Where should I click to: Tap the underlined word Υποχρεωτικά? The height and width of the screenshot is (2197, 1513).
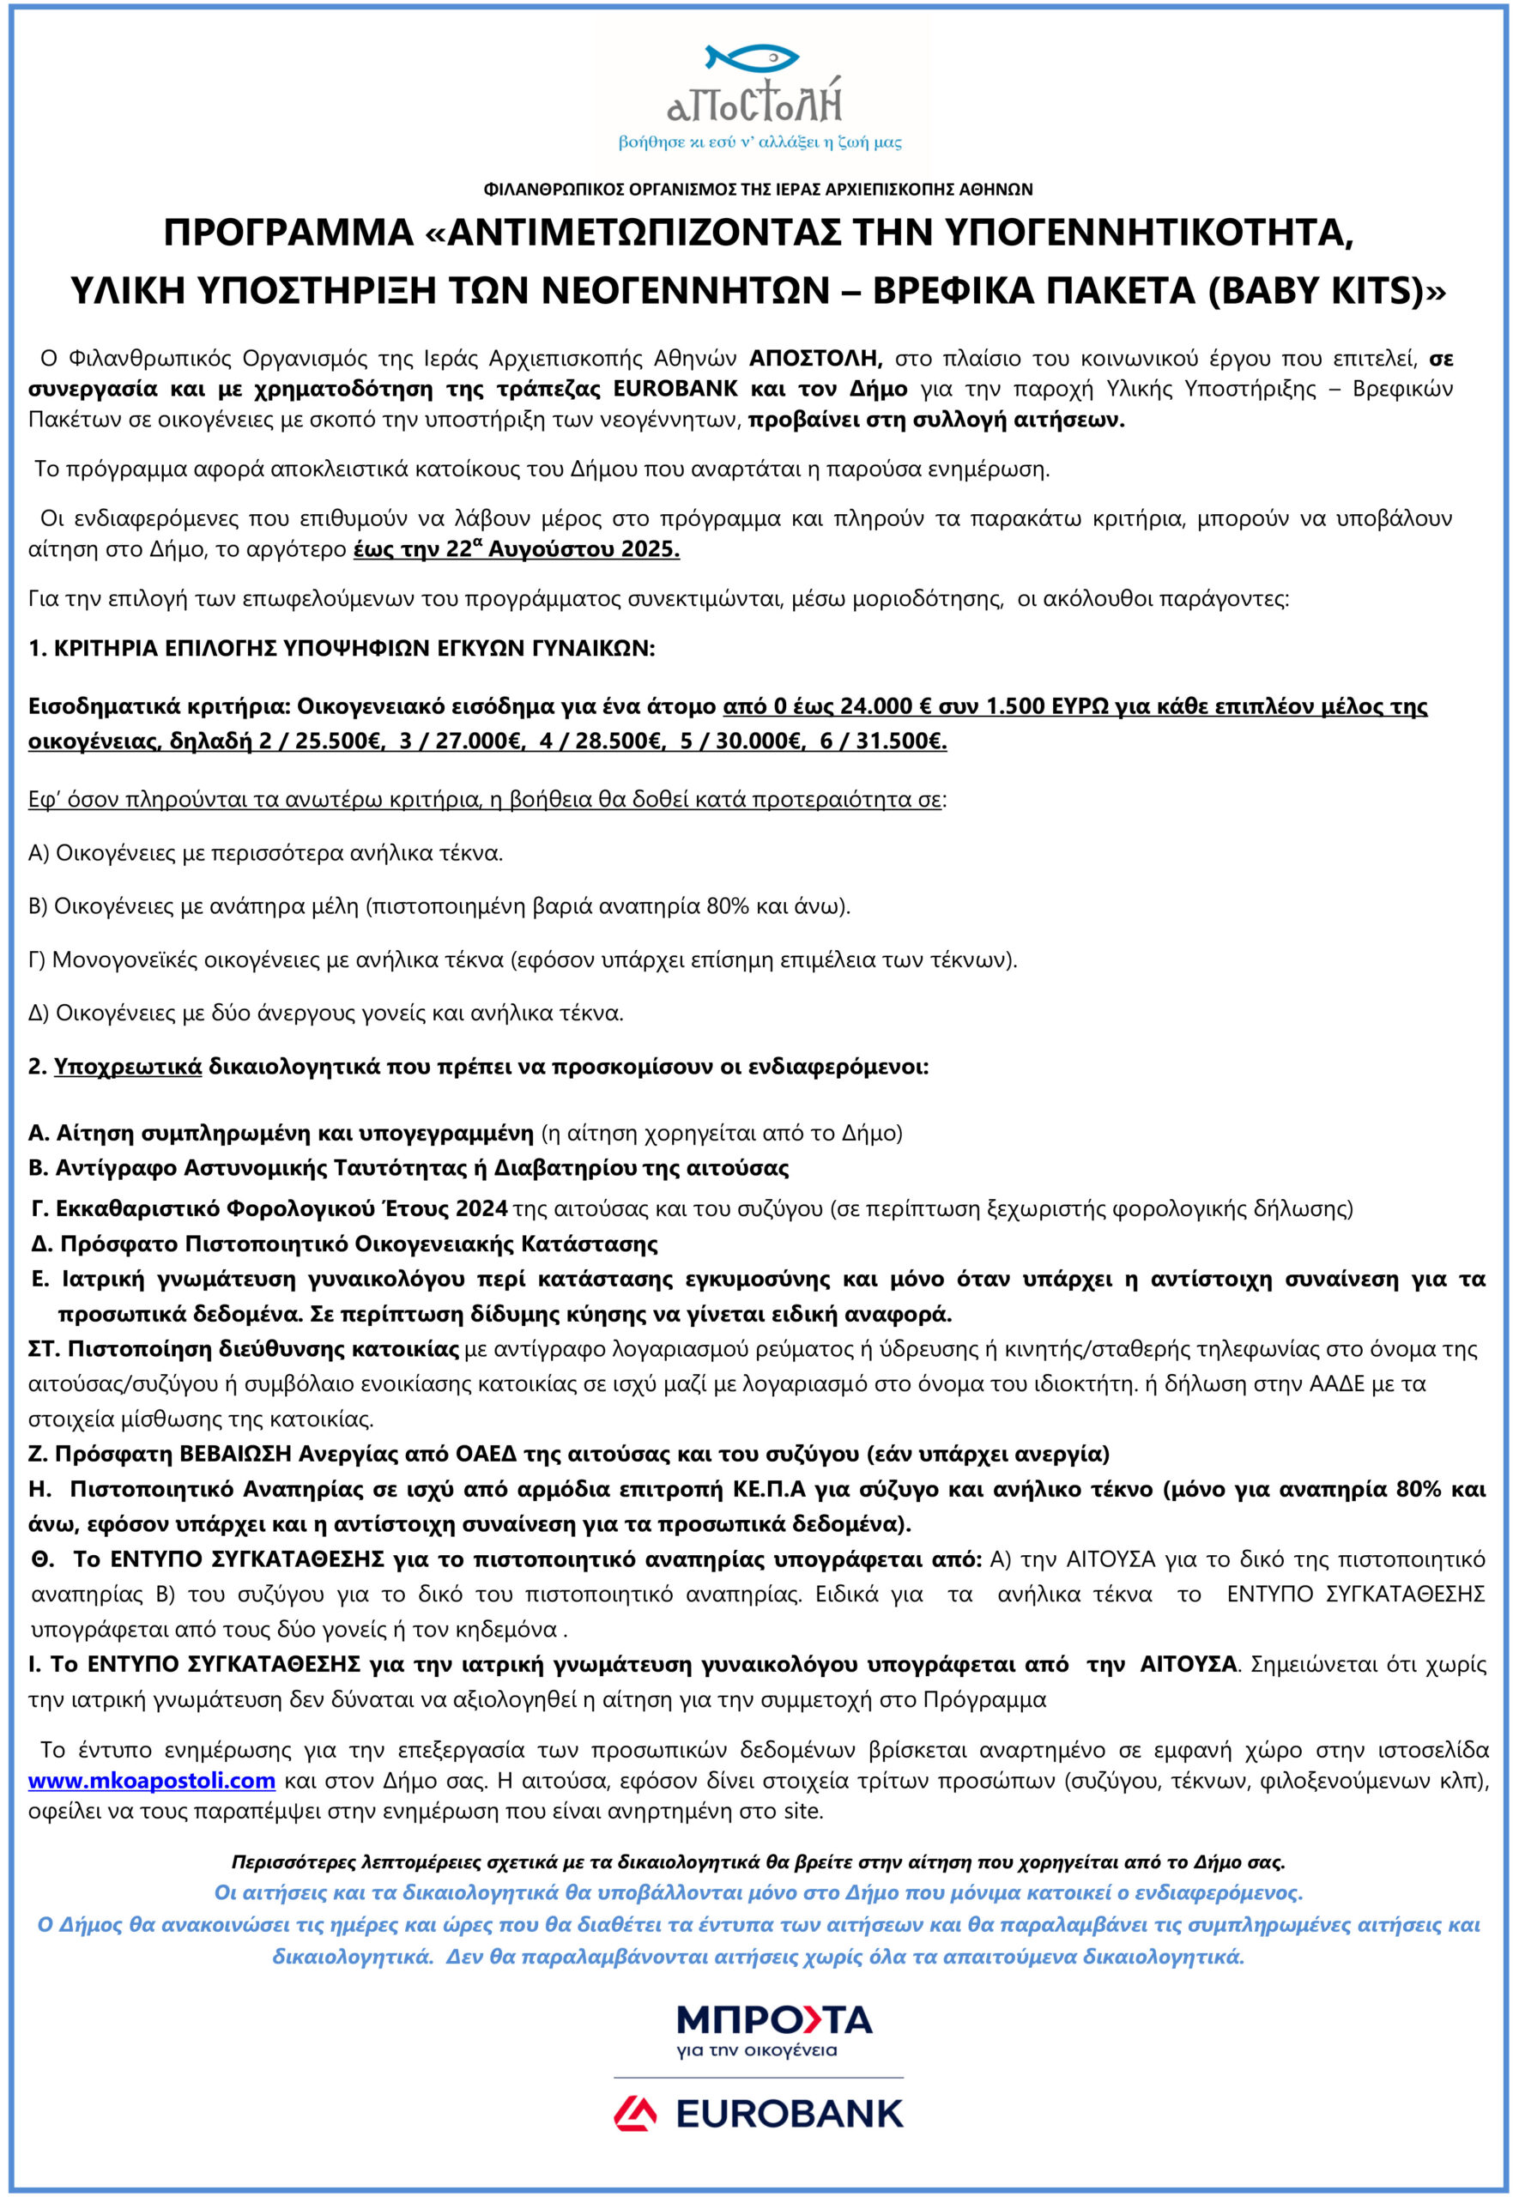128,1066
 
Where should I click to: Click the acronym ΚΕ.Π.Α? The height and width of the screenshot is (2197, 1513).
769,1489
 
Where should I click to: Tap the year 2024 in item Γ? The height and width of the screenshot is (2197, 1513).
481,1208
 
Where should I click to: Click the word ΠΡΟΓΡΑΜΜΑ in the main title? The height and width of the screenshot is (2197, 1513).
289,233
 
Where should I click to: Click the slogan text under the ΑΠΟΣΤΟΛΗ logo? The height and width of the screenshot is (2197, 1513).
760,142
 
